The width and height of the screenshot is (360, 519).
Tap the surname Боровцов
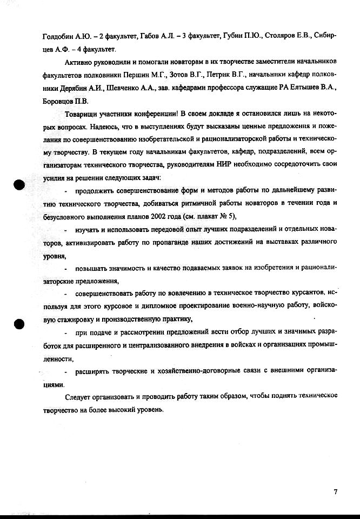(x=58, y=102)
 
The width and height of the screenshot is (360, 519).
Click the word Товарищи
(x=81, y=115)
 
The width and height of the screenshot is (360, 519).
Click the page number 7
(x=336, y=492)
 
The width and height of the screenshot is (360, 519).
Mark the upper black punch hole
(x=20, y=185)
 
